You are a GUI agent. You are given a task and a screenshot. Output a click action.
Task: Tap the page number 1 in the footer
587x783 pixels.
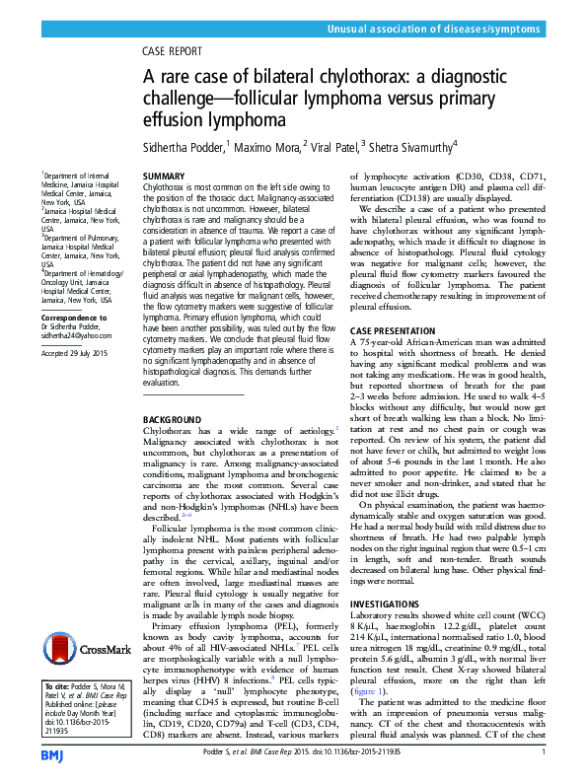coord(544,752)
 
